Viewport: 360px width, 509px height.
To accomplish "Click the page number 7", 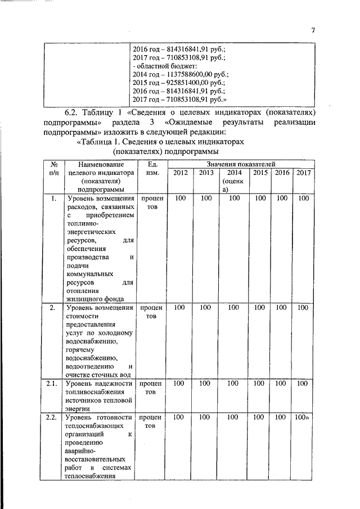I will [x=313, y=30].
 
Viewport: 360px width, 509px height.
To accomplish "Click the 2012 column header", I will [x=180, y=173].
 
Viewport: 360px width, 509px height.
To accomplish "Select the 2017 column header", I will [x=303, y=173].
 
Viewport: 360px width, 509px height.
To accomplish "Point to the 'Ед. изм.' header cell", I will [x=152, y=168].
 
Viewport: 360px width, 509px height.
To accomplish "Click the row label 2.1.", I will [x=52, y=384].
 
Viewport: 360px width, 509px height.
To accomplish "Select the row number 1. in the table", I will [x=52, y=199].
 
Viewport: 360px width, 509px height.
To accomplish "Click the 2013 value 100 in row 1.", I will [x=206, y=199].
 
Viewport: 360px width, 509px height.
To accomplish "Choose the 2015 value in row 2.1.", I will [x=260, y=384].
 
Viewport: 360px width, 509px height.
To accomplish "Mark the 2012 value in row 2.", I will [x=180, y=308].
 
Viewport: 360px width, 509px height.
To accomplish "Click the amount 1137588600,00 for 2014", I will [x=182, y=74].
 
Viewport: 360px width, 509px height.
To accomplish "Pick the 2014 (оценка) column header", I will [x=233, y=181].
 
